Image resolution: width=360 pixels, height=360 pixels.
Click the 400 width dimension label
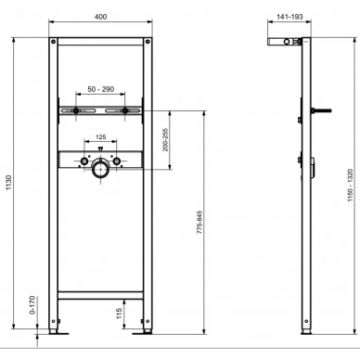point(101,17)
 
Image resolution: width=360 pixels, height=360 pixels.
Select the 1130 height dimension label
point(8,183)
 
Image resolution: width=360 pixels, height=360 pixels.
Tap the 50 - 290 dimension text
point(101,89)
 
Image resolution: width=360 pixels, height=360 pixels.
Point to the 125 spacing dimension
point(101,136)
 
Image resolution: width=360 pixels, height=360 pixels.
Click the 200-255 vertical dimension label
point(165,139)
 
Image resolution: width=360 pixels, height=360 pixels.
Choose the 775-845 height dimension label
point(199,222)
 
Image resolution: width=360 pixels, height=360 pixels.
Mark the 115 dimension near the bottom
point(120,314)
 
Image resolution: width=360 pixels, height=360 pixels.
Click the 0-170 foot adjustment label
point(32,305)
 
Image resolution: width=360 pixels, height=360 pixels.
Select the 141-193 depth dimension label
point(289,17)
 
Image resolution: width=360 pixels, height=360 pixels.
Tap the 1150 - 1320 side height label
point(350,186)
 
